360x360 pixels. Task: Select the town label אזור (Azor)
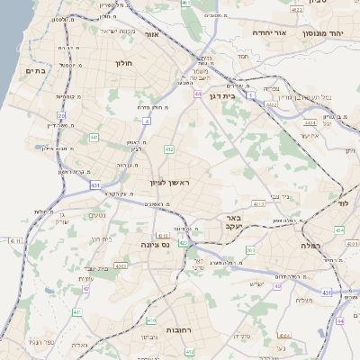[149, 34]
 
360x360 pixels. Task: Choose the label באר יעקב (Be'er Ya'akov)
[236, 222]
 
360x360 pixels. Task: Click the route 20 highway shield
[62, 115]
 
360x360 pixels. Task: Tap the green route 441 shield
[94, 137]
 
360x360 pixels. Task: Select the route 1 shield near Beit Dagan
[251, 94]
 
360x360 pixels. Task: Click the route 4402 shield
[271, 105]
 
